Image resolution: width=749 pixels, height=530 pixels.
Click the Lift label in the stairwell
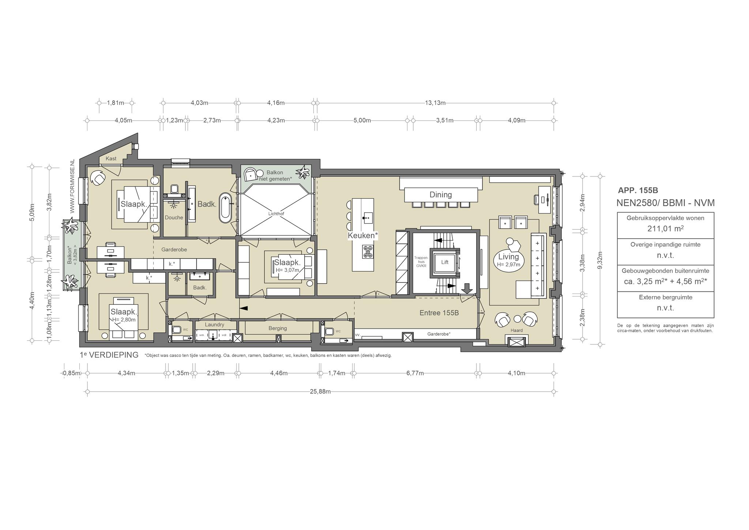coord(445,262)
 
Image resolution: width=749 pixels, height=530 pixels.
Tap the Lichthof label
coord(276,213)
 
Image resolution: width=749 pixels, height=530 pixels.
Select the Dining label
coord(441,195)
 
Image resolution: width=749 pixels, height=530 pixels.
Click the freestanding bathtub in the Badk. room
coord(225,207)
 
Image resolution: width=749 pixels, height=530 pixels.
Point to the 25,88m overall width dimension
coord(320,392)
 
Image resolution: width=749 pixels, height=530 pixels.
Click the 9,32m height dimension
coord(600,260)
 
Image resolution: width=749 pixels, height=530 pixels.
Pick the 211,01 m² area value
coord(666,229)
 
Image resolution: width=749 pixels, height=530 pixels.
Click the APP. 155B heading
coord(638,190)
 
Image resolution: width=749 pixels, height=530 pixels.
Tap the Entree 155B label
coord(439,313)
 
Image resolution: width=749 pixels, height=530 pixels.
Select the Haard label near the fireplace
coord(516,330)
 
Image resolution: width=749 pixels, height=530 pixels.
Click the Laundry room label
coord(214,325)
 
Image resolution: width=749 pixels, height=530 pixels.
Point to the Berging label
coord(278,328)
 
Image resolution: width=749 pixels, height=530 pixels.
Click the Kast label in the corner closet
coord(111,158)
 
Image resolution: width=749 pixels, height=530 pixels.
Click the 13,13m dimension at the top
coord(435,103)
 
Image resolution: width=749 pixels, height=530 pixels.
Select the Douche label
coord(174,217)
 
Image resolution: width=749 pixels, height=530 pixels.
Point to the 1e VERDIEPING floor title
coord(109,355)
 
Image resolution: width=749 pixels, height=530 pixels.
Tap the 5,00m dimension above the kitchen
coord(362,120)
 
